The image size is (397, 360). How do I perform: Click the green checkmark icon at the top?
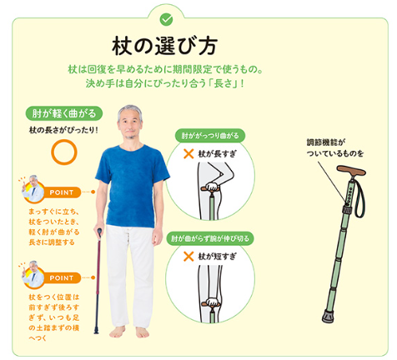[x=166, y=20]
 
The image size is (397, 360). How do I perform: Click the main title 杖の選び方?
[x=164, y=47]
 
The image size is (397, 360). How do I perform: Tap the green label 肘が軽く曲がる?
[x=64, y=113]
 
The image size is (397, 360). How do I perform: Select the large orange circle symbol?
[x=64, y=152]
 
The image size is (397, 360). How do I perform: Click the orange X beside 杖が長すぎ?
[x=188, y=153]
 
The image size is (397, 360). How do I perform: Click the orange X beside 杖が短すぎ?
[x=188, y=256]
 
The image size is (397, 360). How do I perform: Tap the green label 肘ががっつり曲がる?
[x=210, y=136]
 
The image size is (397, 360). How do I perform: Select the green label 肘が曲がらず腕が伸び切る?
[x=210, y=238]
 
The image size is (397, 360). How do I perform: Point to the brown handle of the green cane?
[x=351, y=171]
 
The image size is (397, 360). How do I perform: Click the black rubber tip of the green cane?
[x=328, y=317]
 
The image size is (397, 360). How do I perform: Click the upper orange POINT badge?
[x=62, y=192]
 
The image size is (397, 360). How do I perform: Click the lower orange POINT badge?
[x=62, y=277]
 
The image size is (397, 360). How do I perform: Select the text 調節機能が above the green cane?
[x=326, y=142]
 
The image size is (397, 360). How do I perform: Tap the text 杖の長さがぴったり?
[x=63, y=130]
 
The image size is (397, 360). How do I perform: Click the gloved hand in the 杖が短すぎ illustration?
[x=212, y=302]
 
